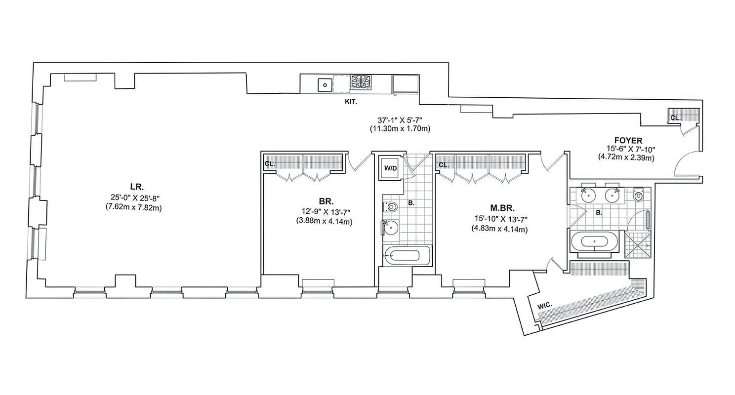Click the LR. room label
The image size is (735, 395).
tap(136, 187)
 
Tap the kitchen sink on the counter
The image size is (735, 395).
tap(325, 85)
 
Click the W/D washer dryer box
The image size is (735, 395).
tap(390, 168)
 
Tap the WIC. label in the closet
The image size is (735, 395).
tap(545, 307)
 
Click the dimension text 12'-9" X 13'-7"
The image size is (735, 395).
tap(321, 212)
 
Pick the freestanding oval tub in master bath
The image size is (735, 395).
tap(594, 241)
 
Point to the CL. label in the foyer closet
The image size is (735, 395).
tap(675, 118)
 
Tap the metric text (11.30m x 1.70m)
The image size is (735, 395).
tap(400, 129)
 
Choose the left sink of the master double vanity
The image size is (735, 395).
tap(588, 196)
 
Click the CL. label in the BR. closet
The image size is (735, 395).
tap(269, 163)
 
